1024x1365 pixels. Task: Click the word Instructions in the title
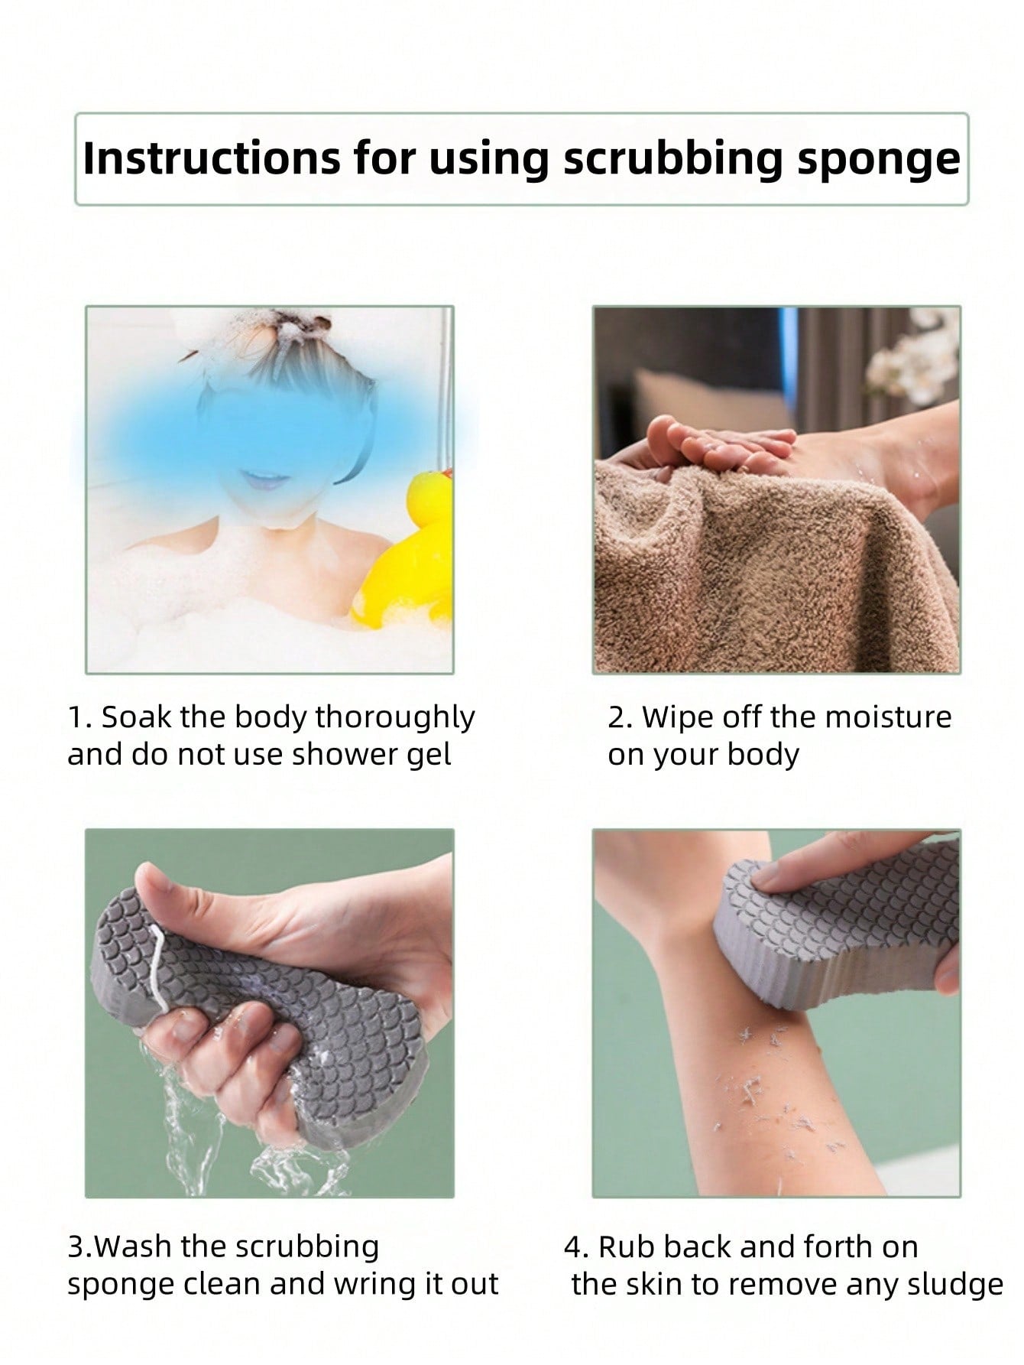coord(211,158)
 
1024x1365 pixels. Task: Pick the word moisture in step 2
coord(888,717)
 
